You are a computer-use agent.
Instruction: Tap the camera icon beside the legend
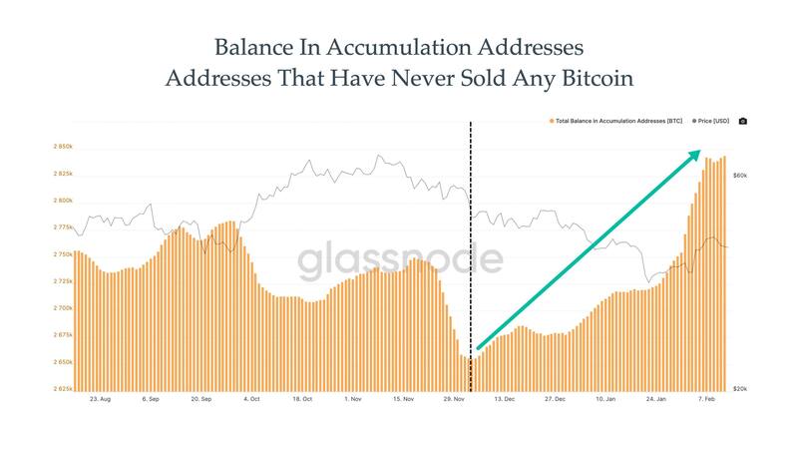coord(742,121)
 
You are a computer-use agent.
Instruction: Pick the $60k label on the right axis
coord(740,176)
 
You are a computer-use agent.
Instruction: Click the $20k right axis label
coord(740,389)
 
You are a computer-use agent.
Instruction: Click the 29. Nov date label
coord(455,398)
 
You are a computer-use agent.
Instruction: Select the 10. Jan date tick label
coord(605,398)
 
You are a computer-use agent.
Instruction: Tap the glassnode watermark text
coord(399,260)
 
